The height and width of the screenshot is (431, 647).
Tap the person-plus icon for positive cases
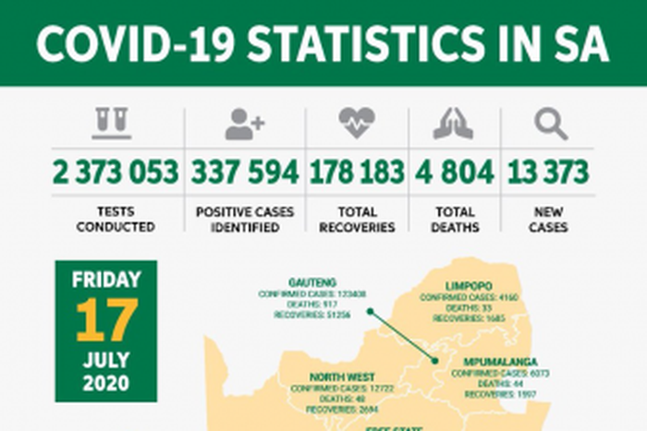[x=245, y=124]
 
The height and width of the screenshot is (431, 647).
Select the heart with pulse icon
[x=357, y=123]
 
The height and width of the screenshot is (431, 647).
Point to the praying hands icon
[x=454, y=124]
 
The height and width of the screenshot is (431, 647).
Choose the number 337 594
[x=245, y=172]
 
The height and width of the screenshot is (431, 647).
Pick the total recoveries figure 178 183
[x=357, y=172]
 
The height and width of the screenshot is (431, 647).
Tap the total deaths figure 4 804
[x=454, y=172]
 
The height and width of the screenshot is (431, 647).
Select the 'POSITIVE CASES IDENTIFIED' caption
[x=245, y=220]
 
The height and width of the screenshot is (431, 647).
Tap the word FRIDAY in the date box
[x=106, y=279]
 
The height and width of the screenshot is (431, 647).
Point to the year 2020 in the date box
[x=106, y=381]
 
